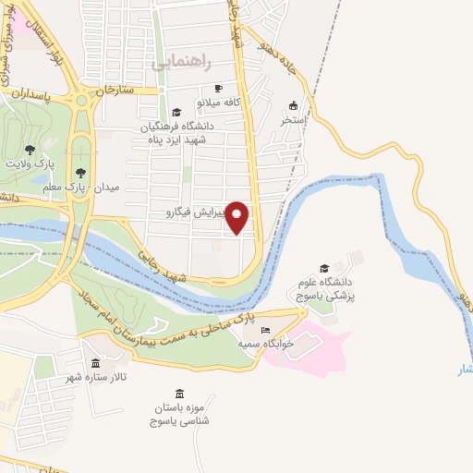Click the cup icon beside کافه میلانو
click(188, 101)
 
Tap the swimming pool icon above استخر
click(294, 105)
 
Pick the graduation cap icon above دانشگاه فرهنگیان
click(164, 112)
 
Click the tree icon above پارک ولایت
click(30, 149)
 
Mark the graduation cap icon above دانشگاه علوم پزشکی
click(323, 268)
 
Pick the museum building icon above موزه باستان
click(178, 394)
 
